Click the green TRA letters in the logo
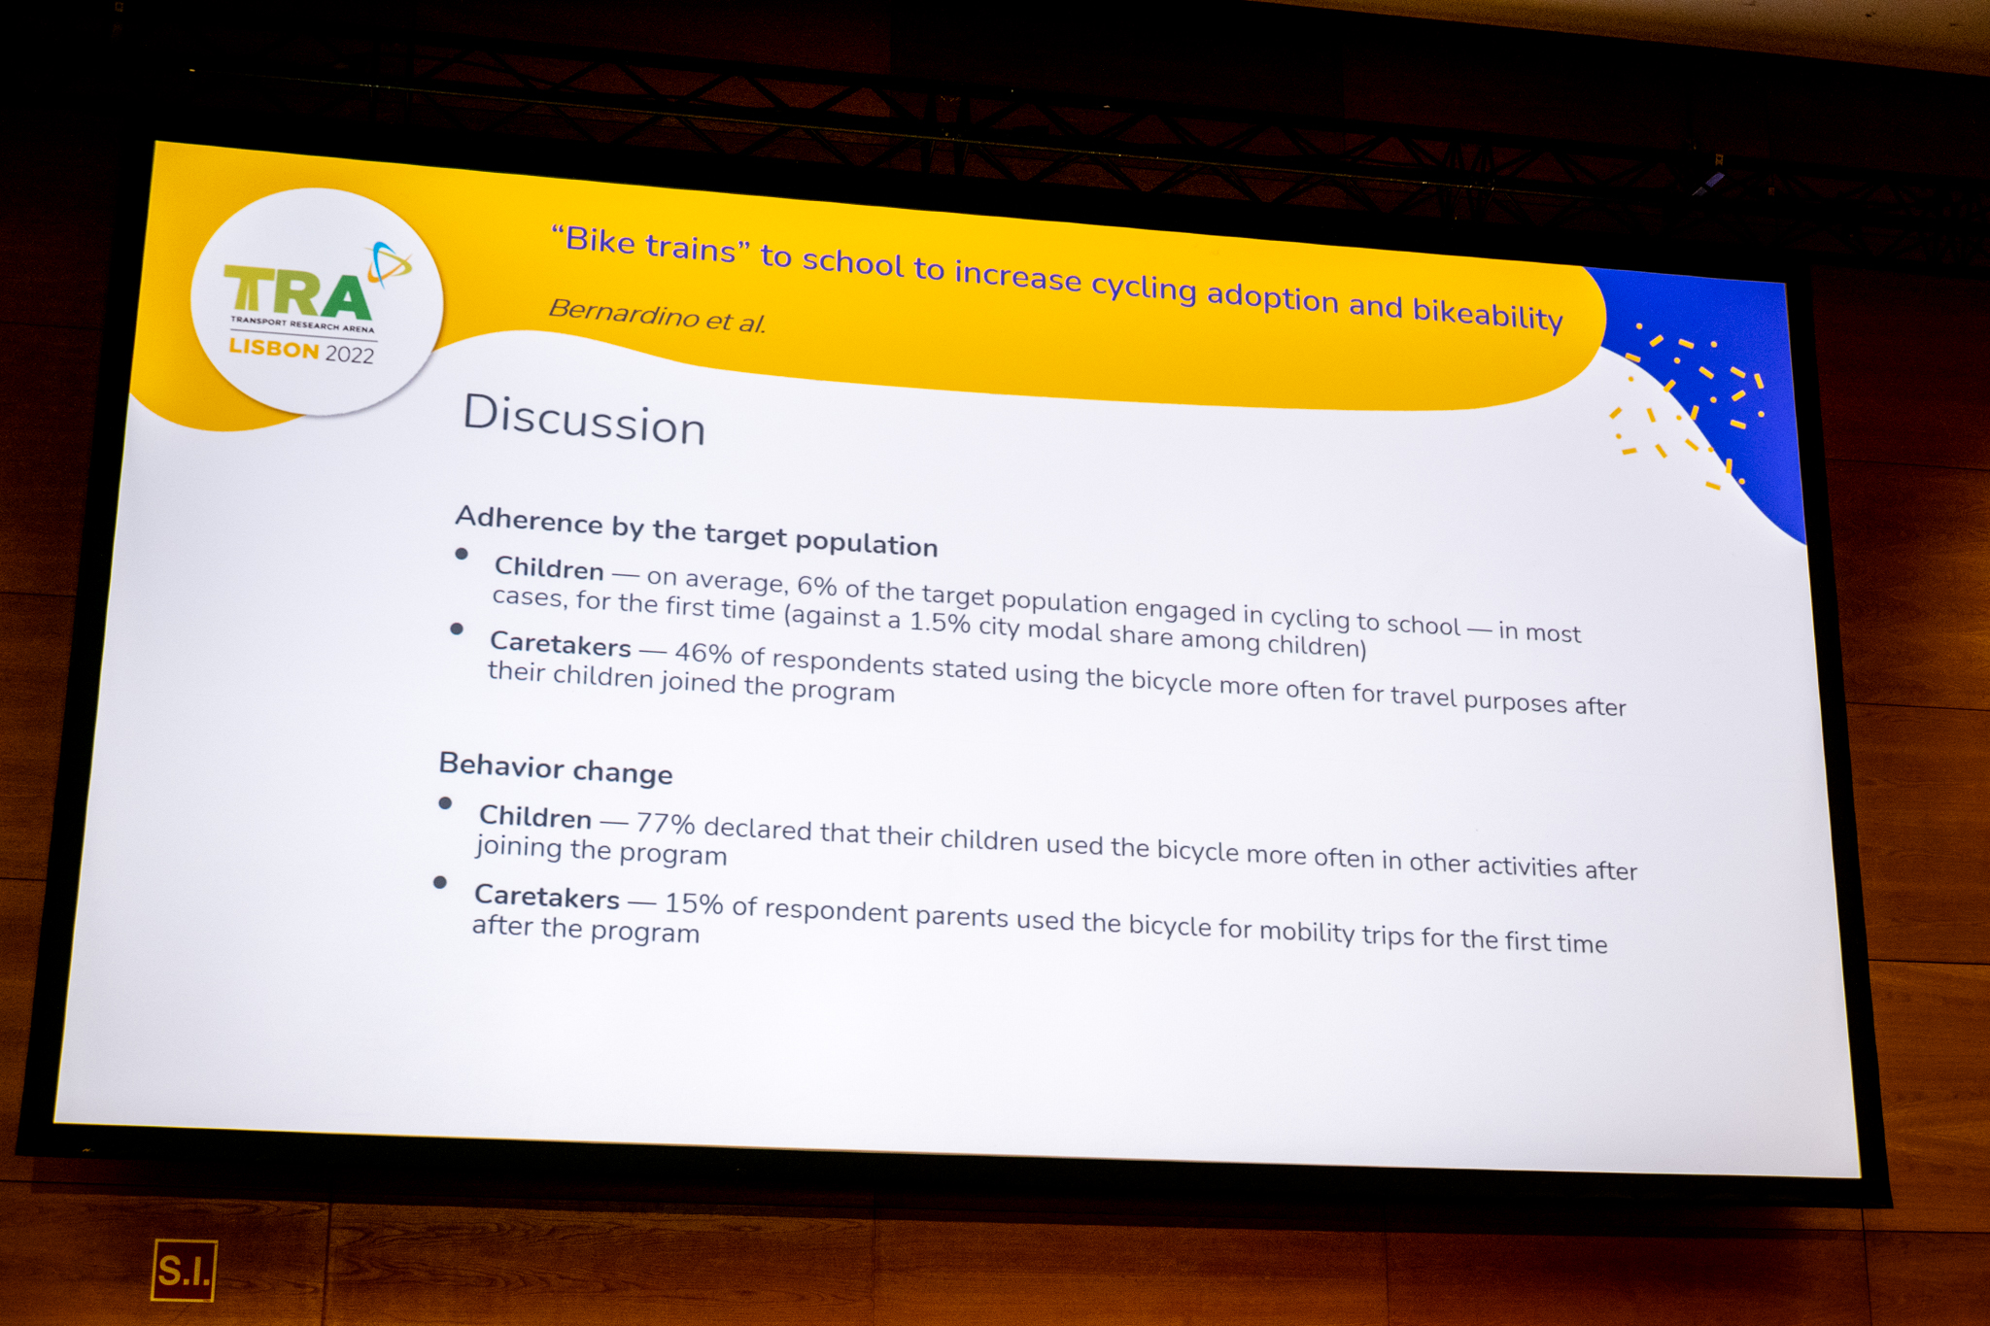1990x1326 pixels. [x=297, y=292]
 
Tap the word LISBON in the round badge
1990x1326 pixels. [x=274, y=348]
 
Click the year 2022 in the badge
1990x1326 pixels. [x=350, y=354]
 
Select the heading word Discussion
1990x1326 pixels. [x=584, y=420]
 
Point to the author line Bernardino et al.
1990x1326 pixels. [x=658, y=315]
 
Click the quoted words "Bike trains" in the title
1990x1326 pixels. [x=650, y=244]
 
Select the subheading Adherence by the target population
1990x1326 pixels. [x=697, y=531]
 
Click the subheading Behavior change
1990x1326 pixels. [x=556, y=767]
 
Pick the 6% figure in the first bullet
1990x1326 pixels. [x=817, y=586]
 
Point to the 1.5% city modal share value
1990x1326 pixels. [x=940, y=621]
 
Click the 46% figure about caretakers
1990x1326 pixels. [x=703, y=653]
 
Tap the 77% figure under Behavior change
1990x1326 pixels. [x=666, y=824]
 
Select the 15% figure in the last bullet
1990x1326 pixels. [x=694, y=903]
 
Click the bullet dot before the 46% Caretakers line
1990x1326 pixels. [x=457, y=629]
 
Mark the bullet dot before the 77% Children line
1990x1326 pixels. [x=445, y=803]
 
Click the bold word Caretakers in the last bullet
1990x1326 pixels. [x=546, y=897]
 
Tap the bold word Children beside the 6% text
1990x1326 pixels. [x=549, y=568]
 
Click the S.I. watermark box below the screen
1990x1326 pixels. [x=184, y=1270]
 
